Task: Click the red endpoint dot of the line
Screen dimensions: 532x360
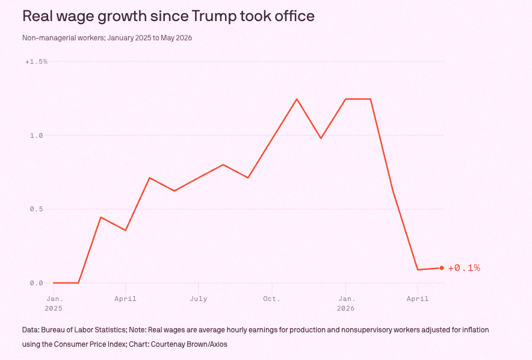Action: (442, 268)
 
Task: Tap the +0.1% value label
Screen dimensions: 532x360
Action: (464, 268)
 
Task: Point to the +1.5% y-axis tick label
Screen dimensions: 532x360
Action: (36, 61)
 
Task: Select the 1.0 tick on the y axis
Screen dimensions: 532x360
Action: (37, 135)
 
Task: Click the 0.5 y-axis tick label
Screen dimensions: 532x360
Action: (37, 209)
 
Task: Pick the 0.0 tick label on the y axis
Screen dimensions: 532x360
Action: (37, 283)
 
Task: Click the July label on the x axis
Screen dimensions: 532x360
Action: (199, 299)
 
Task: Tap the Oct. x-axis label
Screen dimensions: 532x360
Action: (272, 299)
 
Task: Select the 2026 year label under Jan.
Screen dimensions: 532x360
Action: (345, 308)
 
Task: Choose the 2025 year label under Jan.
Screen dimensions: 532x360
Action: (54, 308)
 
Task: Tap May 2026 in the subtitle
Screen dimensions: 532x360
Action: (176, 38)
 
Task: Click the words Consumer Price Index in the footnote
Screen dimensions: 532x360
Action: (89, 344)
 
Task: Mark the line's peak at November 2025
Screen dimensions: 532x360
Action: (297, 99)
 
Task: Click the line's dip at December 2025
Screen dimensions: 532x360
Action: (321, 138)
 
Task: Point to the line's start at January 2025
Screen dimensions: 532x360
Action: (54, 282)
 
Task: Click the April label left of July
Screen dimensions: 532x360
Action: (126, 299)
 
